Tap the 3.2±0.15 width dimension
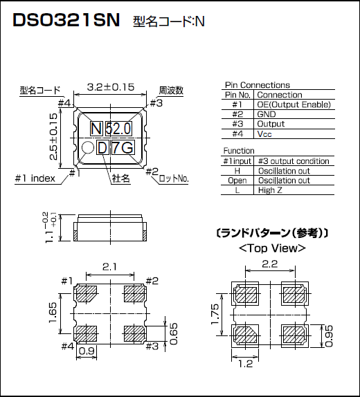(x=111, y=88)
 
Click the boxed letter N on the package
(x=96, y=128)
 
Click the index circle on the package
(x=88, y=148)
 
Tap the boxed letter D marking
(x=102, y=148)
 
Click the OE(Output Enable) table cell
(x=294, y=104)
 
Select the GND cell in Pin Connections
(x=267, y=114)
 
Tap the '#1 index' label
(x=35, y=178)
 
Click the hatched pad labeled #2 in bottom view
(x=133, y=293)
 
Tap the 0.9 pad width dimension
(x=87, y=351)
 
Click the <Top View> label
(x=271, y=248)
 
